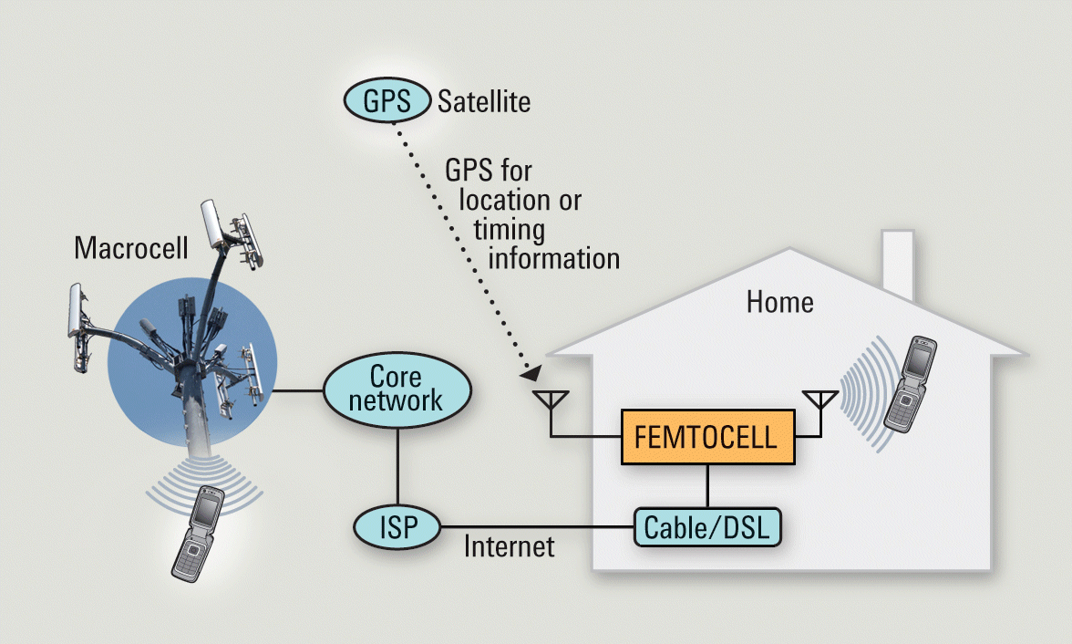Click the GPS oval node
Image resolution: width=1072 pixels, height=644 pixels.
point(387,99)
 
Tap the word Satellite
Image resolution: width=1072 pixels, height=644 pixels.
point(484,100)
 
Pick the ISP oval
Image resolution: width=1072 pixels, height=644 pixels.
point(397,526)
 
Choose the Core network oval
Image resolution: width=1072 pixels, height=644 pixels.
point(397,389)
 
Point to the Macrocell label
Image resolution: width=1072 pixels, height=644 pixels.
point(131,247)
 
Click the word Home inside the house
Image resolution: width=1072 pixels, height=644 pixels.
point(779,301)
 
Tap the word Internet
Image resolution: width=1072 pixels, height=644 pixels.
point(509,547)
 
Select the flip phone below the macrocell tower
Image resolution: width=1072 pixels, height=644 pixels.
point(198,532)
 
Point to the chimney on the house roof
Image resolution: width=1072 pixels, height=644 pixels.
point(897,265)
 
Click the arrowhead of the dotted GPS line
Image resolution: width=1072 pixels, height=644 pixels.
point(531,373)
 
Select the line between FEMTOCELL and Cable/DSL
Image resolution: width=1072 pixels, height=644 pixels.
point(708,486)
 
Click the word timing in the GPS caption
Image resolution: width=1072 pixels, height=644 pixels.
point(508,228)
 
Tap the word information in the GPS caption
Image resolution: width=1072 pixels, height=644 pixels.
point(554,258)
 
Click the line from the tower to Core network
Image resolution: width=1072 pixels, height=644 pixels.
point(296,391)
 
